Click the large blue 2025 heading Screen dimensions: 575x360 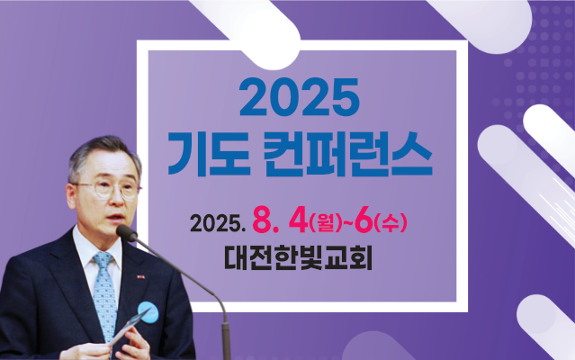coord(299,96)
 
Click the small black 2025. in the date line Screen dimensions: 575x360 coord(218,223)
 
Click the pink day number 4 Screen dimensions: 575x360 coord(298,222)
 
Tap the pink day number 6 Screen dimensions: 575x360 coord(364,222)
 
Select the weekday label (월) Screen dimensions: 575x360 coord(325,223)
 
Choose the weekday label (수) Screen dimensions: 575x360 coord(391,223)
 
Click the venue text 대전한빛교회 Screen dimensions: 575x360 coord(298,258)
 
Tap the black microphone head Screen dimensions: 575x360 coord(127,233)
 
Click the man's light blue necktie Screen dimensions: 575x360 coord(104,293)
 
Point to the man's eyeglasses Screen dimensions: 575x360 coord(108,189)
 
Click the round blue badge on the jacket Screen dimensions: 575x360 coord(148,312)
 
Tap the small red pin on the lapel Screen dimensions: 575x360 coord(140,277)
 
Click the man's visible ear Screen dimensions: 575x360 coord(70,196)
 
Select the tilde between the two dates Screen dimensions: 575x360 coord(348,223)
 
